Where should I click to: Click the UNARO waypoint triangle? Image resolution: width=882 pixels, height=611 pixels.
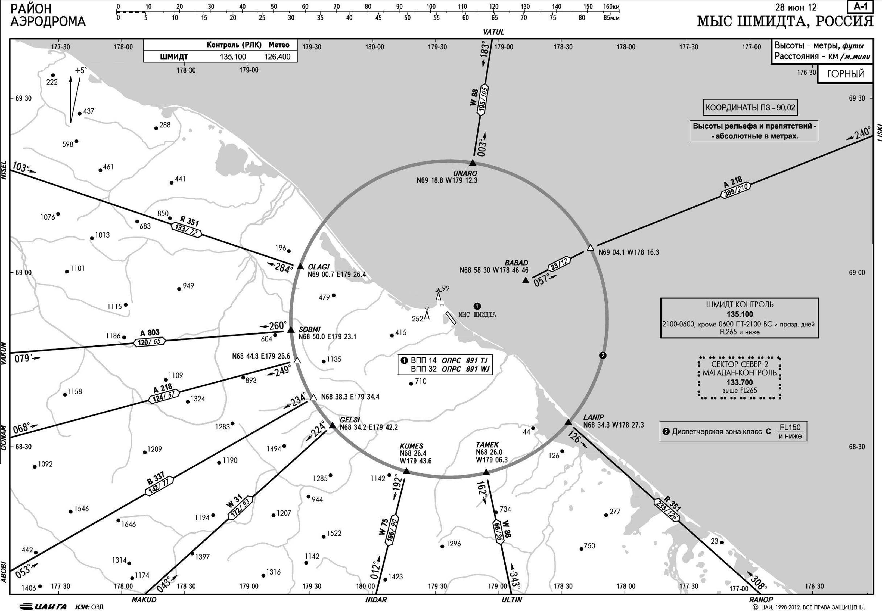click(473, 162)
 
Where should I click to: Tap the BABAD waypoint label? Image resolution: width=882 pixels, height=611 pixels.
click(516, 263)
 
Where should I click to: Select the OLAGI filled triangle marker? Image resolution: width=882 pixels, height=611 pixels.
click(300, 266)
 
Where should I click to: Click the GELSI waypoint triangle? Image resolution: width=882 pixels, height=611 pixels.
click(333, 425)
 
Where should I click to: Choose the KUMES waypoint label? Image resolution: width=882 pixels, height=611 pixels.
click(411, 446)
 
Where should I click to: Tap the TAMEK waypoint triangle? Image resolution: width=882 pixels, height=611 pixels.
click(486, 472)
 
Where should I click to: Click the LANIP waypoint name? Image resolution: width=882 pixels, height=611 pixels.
click(593, 417)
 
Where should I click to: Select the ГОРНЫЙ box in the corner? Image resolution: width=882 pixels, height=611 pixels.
click(846, 74)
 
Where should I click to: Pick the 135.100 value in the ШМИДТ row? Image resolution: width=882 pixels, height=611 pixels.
click(233, 57)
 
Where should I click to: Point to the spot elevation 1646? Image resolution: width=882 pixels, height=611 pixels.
click(128, 524)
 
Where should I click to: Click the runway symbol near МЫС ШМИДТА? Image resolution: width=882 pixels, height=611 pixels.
click(451, 318)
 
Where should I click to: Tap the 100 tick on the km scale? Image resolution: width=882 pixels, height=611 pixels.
click(431, 7)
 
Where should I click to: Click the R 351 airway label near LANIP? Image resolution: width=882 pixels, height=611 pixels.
click(672, 504)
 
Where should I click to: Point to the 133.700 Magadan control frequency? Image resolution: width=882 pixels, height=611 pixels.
click(740, 382)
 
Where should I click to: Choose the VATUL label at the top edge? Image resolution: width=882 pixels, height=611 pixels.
click(493, 32)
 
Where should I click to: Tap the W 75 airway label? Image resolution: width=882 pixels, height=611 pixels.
click(384, 527)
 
